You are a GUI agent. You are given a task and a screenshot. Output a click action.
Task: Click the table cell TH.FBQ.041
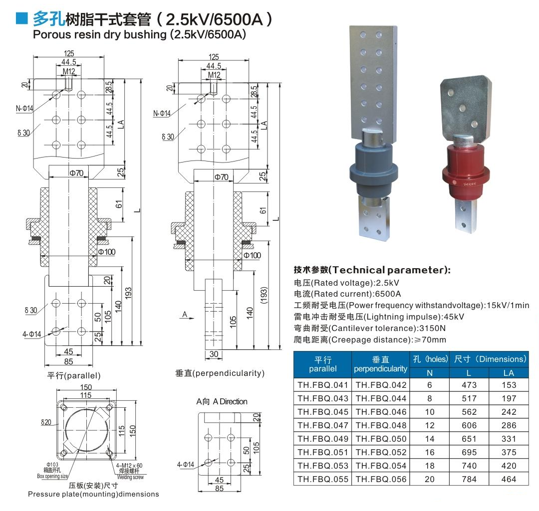click(323, 385)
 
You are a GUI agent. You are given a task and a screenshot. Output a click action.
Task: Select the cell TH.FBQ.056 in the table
click(381, 479)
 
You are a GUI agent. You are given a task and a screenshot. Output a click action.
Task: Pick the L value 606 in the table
click(469, 425)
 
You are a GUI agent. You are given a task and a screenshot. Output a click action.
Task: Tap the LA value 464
click(509, 479)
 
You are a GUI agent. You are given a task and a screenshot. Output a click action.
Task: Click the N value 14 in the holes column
click(430, 439)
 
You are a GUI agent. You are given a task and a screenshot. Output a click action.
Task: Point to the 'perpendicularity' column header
click(380, 369)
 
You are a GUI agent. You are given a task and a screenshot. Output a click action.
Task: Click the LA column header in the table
click(509, 373)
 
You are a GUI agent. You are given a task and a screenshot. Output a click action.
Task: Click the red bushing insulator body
click(466, 171)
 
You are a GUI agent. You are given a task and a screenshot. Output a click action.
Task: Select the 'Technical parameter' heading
click(372, 270)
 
